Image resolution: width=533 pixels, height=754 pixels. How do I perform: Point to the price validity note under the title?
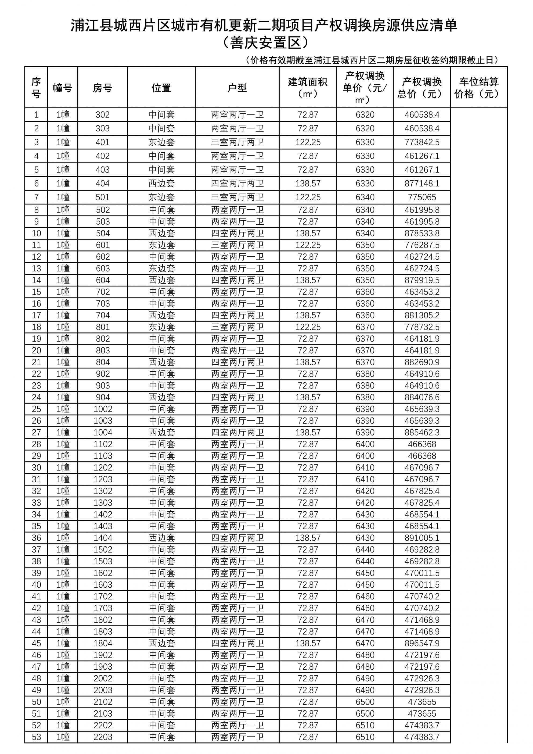372,60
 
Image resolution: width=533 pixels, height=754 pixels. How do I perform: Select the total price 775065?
422,197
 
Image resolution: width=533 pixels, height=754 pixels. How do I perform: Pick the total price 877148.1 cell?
422,184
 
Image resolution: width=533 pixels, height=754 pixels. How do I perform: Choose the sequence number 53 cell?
37,737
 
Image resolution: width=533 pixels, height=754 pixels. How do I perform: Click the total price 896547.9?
422,643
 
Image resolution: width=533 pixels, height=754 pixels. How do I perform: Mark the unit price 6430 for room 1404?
365,538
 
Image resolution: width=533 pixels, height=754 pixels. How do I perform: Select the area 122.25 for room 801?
308,327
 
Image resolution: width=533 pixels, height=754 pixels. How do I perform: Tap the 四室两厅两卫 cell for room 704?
237,315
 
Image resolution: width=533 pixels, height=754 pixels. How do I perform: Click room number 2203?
103,737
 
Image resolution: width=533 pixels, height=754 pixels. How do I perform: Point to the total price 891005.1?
422,538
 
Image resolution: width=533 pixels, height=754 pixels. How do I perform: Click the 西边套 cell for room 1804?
161,643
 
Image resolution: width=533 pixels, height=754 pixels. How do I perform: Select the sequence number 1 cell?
37,115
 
